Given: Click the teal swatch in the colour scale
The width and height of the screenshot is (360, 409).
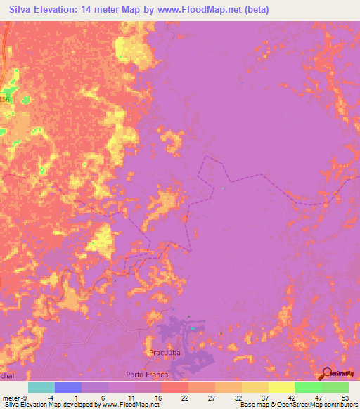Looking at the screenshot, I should [x=41, y=387].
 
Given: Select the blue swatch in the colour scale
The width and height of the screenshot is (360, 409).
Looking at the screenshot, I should [x=67, y=387].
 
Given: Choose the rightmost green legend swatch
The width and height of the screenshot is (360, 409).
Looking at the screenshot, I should [x=335, y=387].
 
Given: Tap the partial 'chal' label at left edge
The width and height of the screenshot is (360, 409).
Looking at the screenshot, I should [x=6, y=376].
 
